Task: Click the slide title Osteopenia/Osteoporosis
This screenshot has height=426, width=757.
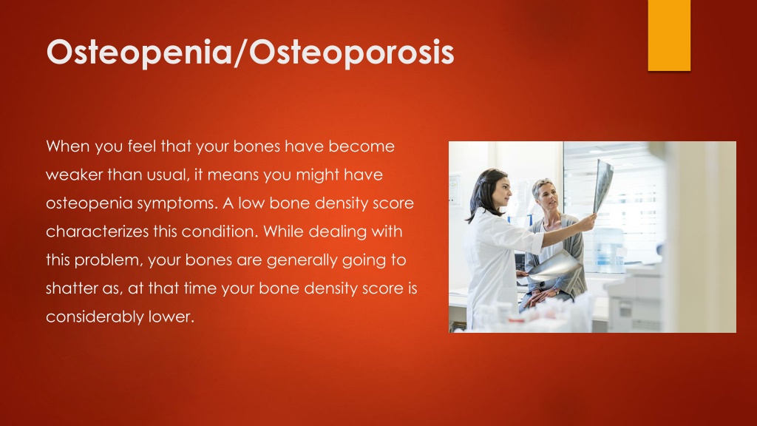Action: (x=250, y=53)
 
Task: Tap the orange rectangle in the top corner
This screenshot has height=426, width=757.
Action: (x=669, y=35)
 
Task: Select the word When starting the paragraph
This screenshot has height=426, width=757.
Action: (x=67, y=146)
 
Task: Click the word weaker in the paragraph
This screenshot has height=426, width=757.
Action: (x=74, y=175)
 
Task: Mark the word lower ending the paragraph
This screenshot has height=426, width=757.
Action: (x=171, y=317)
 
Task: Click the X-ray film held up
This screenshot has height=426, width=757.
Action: (x=602, y=185)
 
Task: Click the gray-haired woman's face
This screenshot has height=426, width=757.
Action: (x=549, y=195)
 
